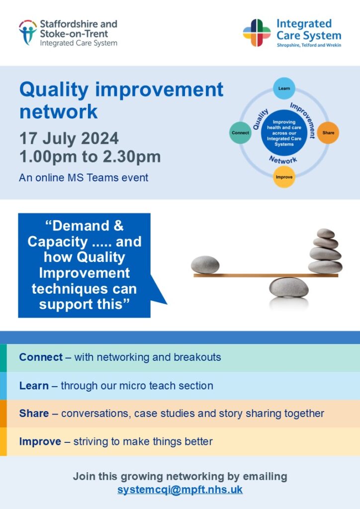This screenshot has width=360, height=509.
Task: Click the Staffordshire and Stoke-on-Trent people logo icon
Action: click(x=27, y=32)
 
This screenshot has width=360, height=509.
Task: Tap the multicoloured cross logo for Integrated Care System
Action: click(x=257, y=33)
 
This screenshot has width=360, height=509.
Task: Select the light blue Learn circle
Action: click(x=284, y=88)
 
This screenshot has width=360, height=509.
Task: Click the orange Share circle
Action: click(x=328, y=132)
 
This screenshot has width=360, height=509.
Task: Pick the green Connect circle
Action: click(x=240, y=132)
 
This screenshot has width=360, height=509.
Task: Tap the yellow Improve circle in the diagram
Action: click(x=284, y=177)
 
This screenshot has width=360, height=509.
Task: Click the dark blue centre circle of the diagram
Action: click(x=284, y=133)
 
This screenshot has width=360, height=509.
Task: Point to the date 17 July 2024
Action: click(x=69, y=138)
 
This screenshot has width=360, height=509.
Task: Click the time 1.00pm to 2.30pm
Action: click(x=90, y=157)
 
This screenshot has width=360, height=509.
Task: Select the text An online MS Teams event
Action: click(x=84, y=177)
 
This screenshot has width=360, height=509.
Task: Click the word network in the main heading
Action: click(x=59, y=112)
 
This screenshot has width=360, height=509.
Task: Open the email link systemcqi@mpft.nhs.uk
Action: click(x=180, y=490)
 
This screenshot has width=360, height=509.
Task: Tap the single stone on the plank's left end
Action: click(x=205, y=264)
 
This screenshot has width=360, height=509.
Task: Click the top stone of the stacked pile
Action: click(x=326, y=233)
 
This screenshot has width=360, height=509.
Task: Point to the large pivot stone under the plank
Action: click(x=288, y=287)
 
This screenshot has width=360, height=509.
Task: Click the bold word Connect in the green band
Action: click(x=41, y=357)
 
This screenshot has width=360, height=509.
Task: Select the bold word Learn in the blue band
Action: click(x=34, y=386)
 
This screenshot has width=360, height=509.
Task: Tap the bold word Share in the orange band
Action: click(x=34, y=413)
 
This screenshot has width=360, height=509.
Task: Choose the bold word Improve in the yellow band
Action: click(x=40, y=441)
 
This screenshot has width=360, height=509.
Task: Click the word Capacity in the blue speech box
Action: click(x=58, y=242)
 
